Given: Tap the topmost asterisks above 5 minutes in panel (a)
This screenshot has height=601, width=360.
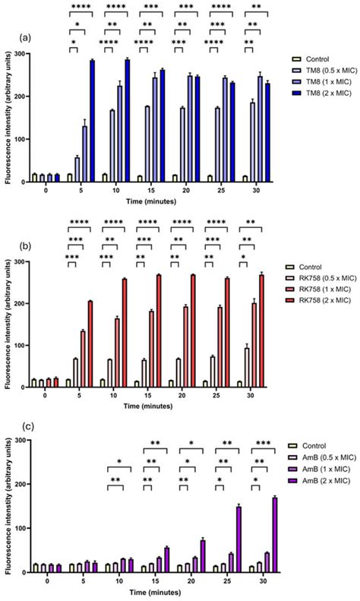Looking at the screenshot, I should (x=81, y=7).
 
